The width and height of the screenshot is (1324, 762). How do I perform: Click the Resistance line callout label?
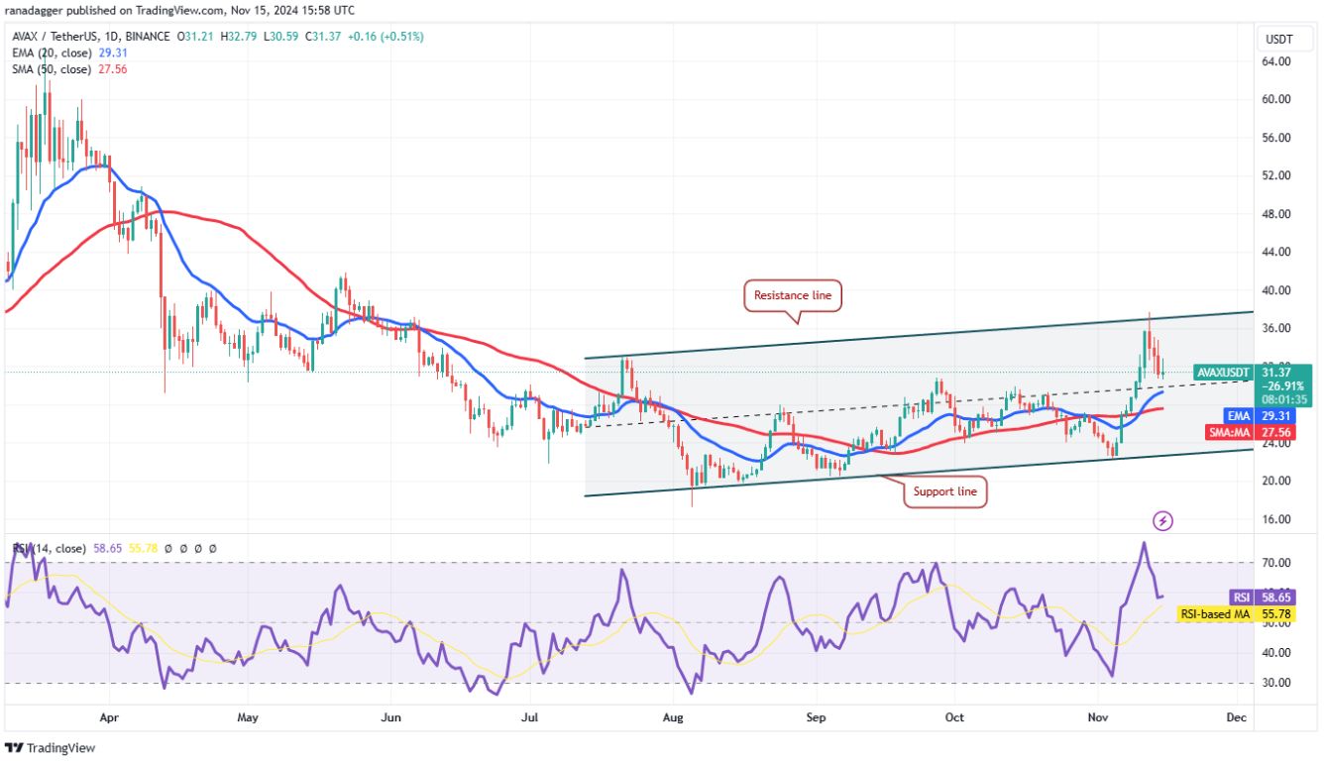click(x=793, y=295)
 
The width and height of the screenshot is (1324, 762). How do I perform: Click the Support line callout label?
click(x=944, y=491)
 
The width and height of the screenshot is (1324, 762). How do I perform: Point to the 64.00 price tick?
click(x=1275, y=61)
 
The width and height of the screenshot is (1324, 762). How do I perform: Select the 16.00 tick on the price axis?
click(x=1275, y=519)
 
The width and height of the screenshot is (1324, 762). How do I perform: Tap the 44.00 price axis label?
click(x=1275, y=252)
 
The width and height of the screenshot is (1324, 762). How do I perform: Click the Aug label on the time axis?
click(x=673, y=715)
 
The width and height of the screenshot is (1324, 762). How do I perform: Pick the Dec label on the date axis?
click(x=1235, y=715)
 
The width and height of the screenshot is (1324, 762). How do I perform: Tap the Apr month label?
click(x=109, y=715)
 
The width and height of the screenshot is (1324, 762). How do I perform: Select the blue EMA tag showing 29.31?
click(x=1239, y=417)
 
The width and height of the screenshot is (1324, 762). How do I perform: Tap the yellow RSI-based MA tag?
click(x=1215, y=614)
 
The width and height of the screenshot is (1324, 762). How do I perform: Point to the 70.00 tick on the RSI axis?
click(x=1275, y=563)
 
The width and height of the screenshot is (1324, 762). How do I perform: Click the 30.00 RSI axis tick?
click(x=1275, y=683)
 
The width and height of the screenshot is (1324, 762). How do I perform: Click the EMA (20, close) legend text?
click(x=48, y=54)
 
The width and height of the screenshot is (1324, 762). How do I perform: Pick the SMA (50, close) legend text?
click(x=48, y=69)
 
